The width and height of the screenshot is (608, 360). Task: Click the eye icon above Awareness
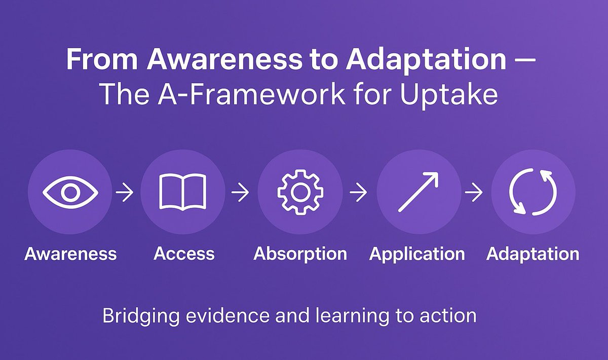(70, 193)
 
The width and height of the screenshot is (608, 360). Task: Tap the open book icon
(182, 193)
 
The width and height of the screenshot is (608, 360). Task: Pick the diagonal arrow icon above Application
(419, 193)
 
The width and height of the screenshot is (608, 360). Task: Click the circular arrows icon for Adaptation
(533, 193)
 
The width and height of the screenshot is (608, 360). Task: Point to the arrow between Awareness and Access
(125, 193)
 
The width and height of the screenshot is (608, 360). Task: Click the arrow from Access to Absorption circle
(241, 193)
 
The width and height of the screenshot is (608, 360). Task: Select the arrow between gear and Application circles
(359, 193)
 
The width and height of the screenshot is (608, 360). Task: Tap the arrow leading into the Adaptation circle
(474, 193)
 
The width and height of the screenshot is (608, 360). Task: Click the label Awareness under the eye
(70, 254)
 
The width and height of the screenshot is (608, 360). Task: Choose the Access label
(184, 254)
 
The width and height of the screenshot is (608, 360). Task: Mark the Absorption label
(300, 254)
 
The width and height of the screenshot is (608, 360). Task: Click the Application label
(417, 254)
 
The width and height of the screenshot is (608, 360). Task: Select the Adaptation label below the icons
(533, 254)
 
